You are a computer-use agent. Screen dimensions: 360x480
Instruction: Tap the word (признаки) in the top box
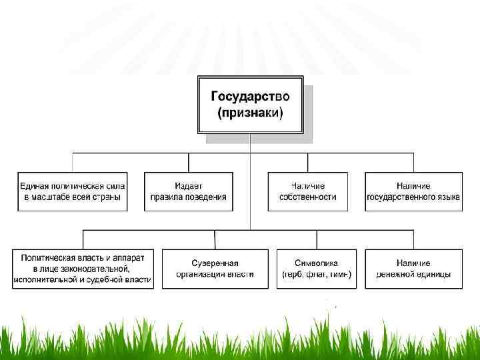[x=250, y=113]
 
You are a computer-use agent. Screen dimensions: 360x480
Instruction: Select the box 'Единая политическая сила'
[x=73, y=191]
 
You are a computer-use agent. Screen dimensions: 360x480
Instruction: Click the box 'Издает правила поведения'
[x=188, y=191]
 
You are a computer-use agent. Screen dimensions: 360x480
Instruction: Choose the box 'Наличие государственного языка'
[x=413, y=191]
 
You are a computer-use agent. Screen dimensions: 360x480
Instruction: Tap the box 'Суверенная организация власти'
[x=215, y=269]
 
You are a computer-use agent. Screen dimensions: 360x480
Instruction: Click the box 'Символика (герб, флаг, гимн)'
[x=317, y=269]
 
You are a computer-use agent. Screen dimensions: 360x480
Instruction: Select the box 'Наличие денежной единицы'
[x=413, y=269]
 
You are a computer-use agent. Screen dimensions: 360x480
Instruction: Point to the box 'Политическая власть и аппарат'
[x=83, y=269]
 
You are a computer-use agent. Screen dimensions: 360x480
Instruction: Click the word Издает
[x=189, y=185]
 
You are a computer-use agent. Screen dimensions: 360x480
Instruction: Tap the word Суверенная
[x=215, y=263]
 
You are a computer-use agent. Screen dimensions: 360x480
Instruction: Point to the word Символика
[x=317, y=263]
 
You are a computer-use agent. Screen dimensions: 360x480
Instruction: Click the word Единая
[x=33, y=185]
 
